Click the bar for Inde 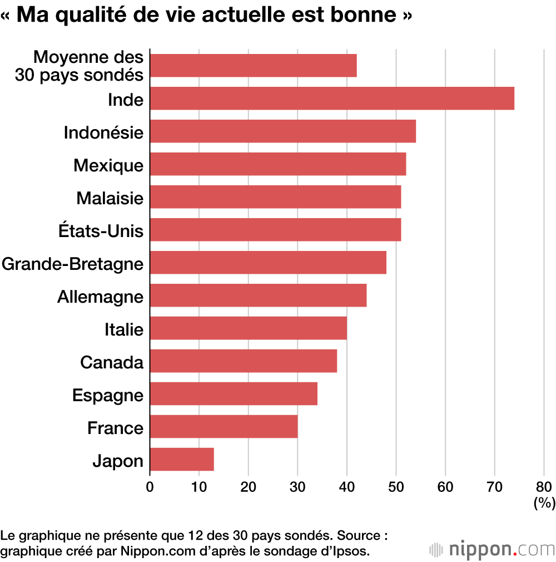(332, 98)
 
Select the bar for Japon (182, 460)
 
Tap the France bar (224, 427)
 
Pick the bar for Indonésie (283, 131)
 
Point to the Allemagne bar (258, 295)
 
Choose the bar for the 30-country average (253, 66)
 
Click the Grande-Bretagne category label (72, 263)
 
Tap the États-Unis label (101, 231)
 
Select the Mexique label (108, 165)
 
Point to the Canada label (112, 362)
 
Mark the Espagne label (108, 395)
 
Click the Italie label (124, 329)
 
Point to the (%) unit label (544, 504)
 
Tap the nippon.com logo (493, 549)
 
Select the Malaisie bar (275, 197)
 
